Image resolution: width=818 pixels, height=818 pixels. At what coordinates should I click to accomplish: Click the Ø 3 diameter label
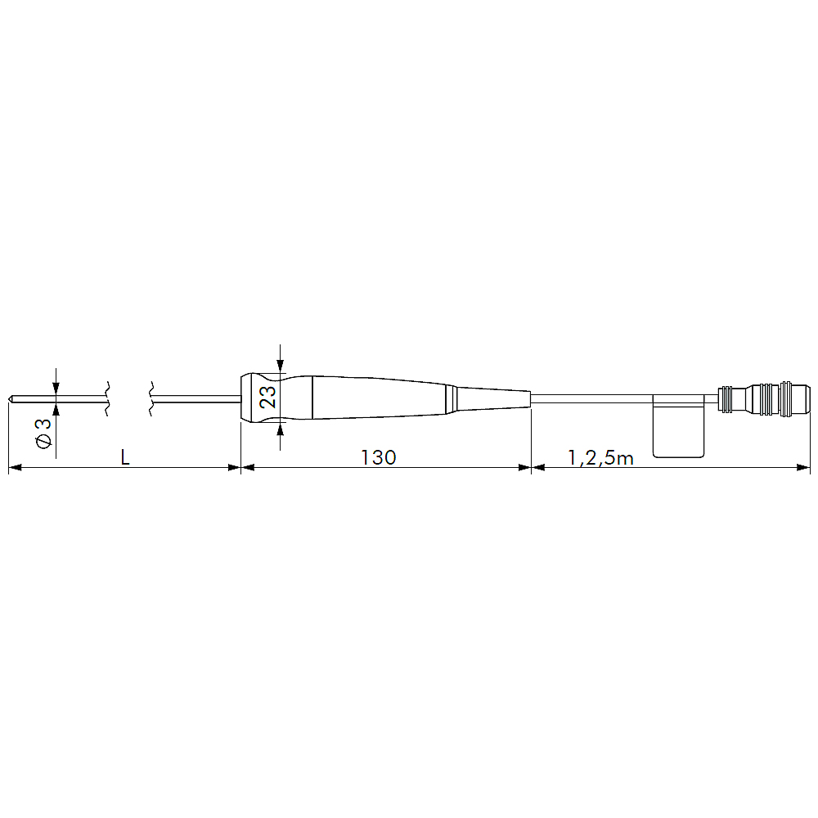pyautogui.click(x=44, y=433)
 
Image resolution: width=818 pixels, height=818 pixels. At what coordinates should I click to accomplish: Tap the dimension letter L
pyautogui.click(x=125, y=457)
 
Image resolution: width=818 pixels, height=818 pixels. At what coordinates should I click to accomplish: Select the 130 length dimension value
pyautogui.click(x=379, y=457)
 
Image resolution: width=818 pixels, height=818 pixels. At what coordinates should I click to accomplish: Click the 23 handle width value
pyautogui.click(x=267, y=398)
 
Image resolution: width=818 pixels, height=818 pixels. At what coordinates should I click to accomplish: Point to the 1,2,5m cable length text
pyautogui.click(x=600, y=458)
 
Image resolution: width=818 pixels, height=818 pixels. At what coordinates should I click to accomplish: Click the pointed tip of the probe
pyautogui.click(x=9, y=400)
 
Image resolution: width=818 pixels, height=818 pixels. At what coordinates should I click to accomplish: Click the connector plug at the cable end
pyautogui.click(x=764, y=399)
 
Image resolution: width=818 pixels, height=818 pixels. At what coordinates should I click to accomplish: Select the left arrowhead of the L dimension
pyautogui.click(x=15, y=467)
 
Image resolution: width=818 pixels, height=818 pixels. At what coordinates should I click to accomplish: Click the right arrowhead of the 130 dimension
pyautogui.click(x=525, y=467)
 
